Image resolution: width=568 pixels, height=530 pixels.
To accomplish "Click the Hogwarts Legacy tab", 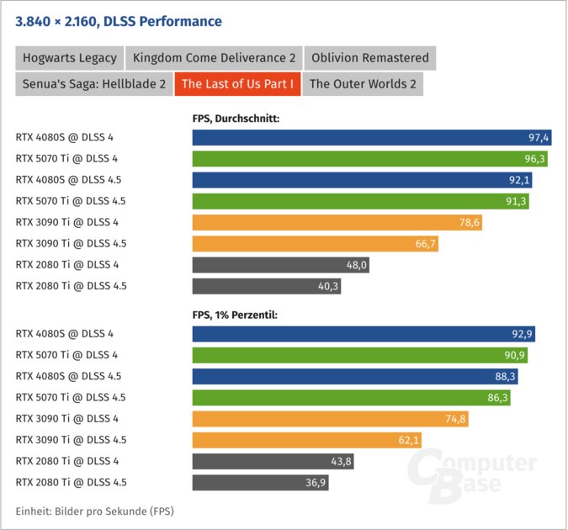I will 69,58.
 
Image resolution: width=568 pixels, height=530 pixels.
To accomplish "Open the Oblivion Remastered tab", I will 369,58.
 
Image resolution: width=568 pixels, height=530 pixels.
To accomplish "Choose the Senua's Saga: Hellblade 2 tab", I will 93,83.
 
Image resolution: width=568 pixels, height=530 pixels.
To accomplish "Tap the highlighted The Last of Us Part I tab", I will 237,83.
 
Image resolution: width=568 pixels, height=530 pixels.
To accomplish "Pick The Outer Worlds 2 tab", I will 362,83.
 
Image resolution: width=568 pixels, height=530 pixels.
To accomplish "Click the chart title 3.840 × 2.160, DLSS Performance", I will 119,21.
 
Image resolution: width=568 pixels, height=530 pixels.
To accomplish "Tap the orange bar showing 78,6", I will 337,222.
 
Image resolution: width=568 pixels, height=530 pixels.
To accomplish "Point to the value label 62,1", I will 406,440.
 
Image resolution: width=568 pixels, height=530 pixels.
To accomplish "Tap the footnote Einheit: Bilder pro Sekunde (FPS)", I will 94,511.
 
